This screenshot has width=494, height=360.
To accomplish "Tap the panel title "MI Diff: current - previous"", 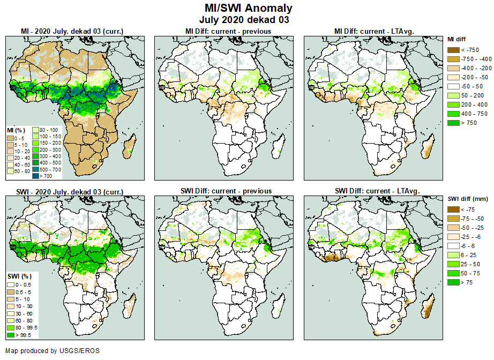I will tap(228, 31).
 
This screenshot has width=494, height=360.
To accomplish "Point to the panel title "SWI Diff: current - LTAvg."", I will tap(377, 191).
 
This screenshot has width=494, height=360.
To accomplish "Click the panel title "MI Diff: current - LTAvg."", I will tap(377, 31).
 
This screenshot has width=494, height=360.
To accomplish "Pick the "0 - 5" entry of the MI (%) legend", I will tap(10, 138).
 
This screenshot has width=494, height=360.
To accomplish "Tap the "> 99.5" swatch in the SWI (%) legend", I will tap(10, 335).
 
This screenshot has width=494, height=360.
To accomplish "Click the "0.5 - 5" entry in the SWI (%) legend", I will tap(10, 292).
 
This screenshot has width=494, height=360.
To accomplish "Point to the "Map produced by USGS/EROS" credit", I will tap(53, 351).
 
